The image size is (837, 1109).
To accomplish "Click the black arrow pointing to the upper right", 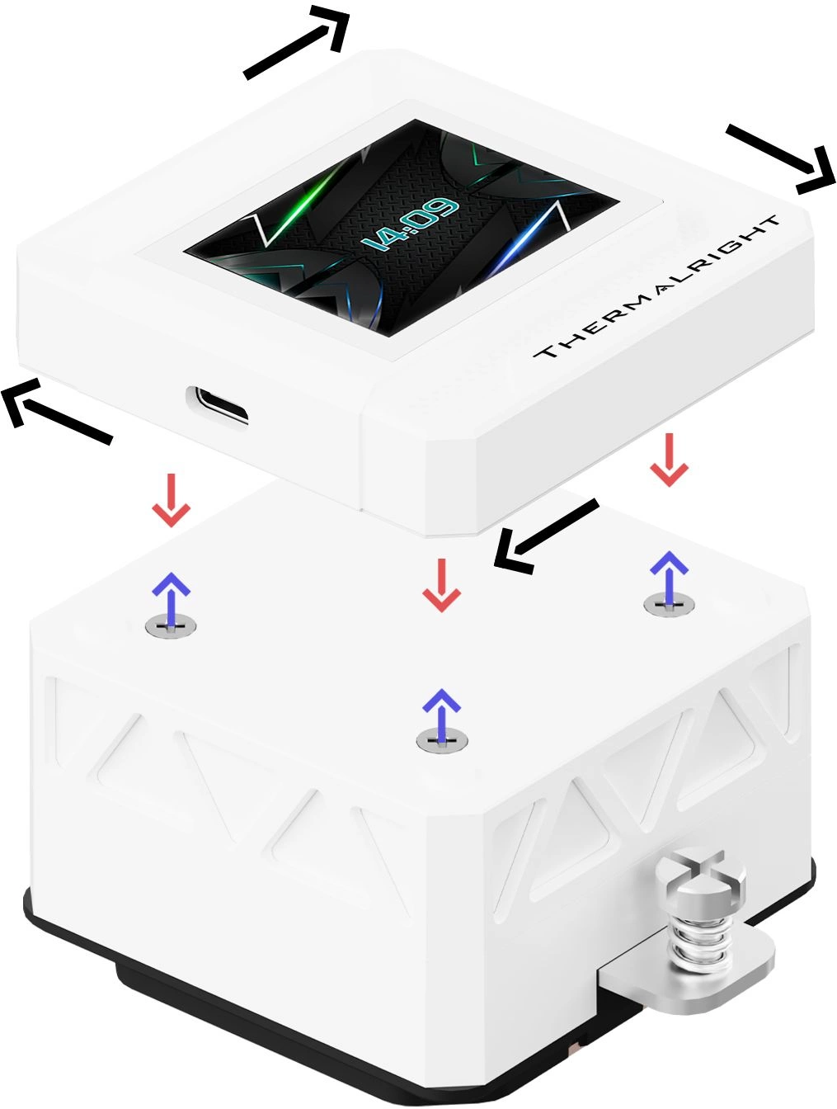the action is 297,42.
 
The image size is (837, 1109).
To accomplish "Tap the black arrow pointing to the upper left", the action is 57,412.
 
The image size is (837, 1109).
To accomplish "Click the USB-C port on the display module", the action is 217,404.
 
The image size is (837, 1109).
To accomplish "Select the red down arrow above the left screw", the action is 172,500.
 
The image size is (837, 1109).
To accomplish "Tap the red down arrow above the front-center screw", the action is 441,585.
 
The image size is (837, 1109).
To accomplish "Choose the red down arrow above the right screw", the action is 669,460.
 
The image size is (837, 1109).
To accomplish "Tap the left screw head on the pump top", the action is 171,626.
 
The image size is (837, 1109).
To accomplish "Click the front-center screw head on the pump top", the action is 442,741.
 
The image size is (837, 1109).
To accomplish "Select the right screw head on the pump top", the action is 669,604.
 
